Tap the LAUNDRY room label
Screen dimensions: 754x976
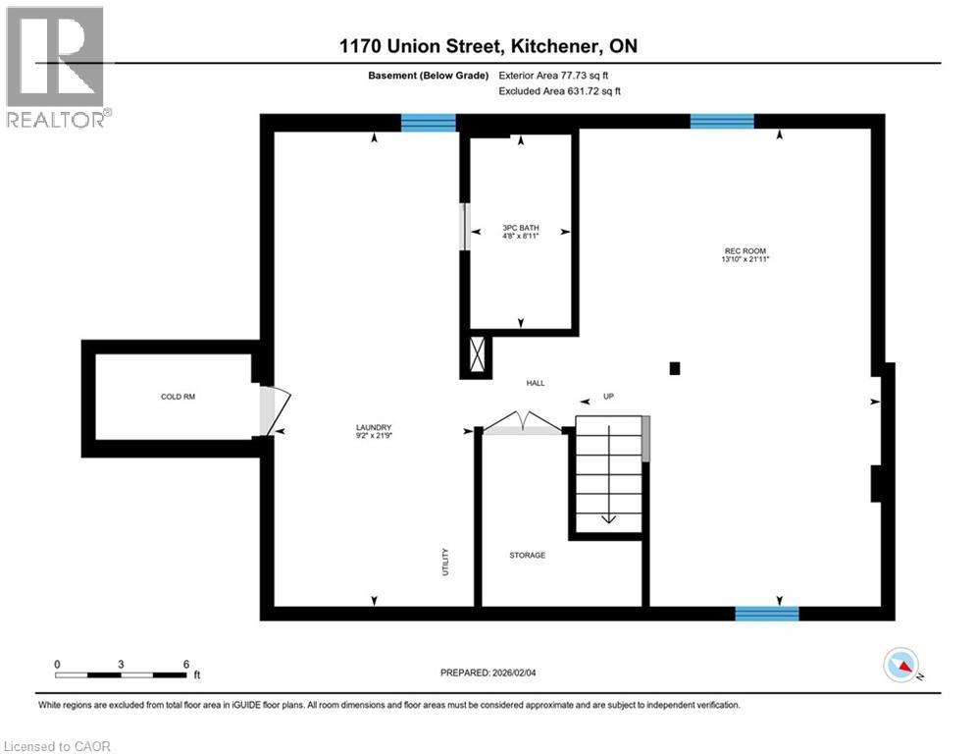(374, 427)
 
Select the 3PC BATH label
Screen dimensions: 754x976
(521, 228)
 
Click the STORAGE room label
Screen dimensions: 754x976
(527, 556)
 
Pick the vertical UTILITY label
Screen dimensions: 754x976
(444, 562)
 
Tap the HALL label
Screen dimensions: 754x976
(535, 384)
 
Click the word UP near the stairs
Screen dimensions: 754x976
(608, 397)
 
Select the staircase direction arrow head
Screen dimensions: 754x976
(607, 519)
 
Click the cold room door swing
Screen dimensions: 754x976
(276, 411)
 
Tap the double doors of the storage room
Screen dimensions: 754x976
(522, 422)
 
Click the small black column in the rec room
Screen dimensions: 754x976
(674, 368)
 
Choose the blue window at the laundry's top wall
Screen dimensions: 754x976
(429, 123)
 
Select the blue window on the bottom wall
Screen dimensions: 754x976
(767, 614)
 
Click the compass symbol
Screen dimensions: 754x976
(900, 666)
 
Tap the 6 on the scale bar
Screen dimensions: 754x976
(185, 664)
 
